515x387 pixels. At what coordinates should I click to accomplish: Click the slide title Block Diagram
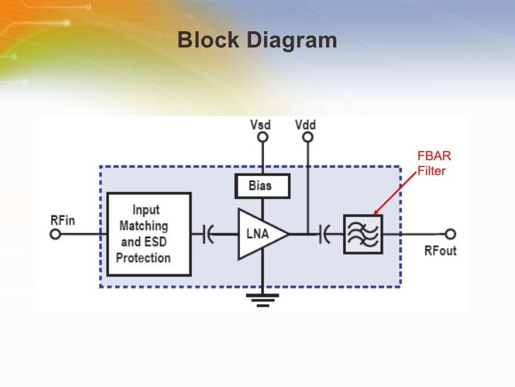[x=257, y=40]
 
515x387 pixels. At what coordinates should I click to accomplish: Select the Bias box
[x=262, y=186]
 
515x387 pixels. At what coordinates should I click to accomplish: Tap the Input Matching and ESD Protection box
[x=149, y=234]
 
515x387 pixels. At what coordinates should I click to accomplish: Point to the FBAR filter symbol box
[x=362, y=234]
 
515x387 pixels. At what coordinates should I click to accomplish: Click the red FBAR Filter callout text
[x=434, y=164]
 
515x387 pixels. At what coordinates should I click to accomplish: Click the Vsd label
[x=261, y=125]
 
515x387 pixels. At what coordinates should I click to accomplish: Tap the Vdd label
[x=306, y=125]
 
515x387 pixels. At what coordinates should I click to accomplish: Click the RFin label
[x=62, y=220]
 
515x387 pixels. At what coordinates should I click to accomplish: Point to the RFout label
[x=440, y=250]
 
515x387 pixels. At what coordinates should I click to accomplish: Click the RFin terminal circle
[x=55, y=234]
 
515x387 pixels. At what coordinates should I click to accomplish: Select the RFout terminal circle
[x=450, y=234]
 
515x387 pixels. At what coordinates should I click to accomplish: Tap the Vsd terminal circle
[x=262, y=138]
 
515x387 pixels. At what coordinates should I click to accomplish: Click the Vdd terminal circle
[x=307, y=138]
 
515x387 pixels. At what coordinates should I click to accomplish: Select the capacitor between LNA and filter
[x=325, y=233]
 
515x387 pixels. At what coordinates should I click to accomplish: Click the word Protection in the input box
[x=144, y=257]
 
